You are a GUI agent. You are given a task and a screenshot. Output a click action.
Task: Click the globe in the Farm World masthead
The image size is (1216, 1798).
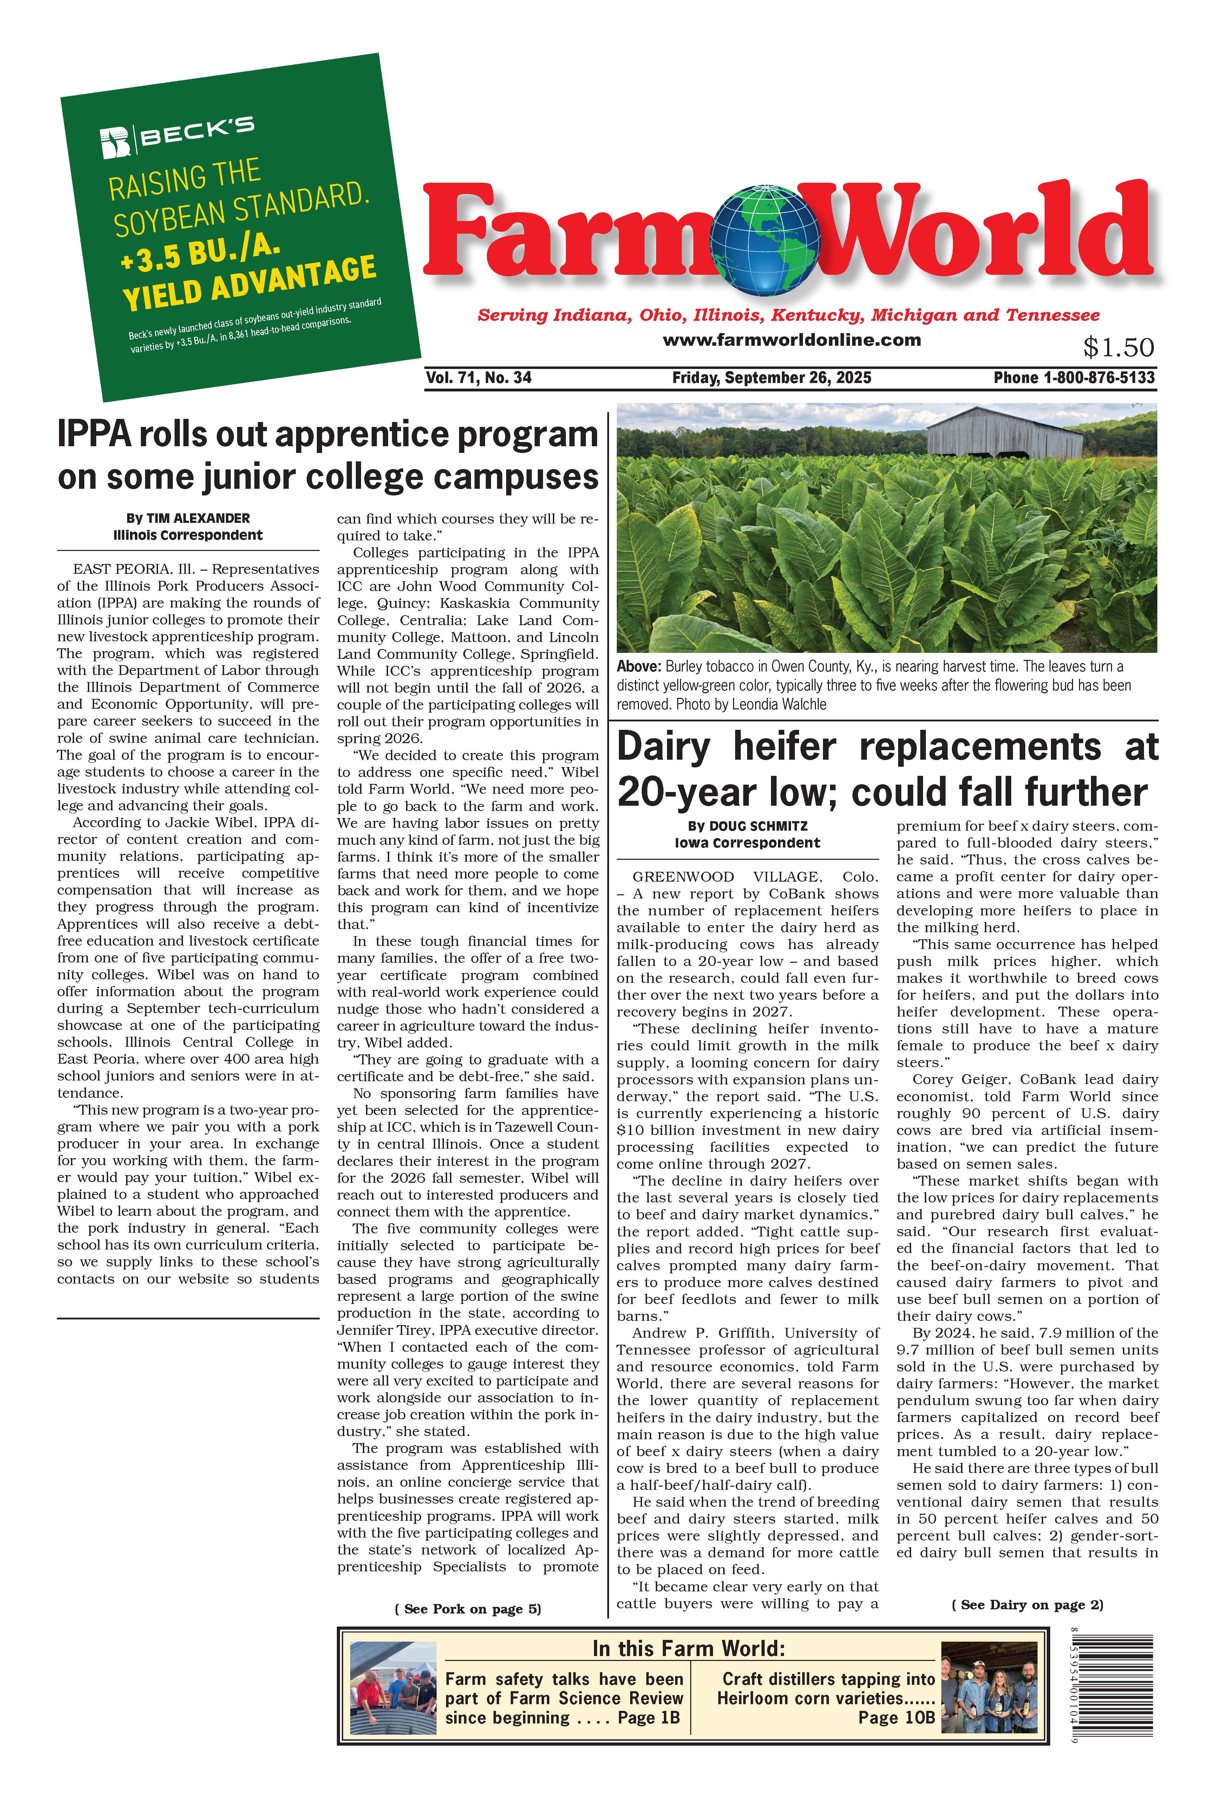point(766,239)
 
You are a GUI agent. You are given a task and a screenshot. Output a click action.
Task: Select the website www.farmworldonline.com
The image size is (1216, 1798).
point(791,340)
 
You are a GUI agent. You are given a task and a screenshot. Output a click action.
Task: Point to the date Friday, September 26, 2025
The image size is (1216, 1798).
point(771,377)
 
